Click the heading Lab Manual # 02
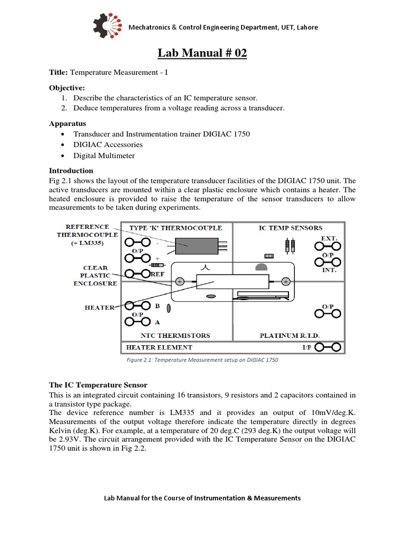point(202,53)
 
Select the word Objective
point(66,87)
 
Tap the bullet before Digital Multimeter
point(63,156)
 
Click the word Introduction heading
point(71,170)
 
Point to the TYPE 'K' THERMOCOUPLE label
point(177,228)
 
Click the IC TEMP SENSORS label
point(290,228)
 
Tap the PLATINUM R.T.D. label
point(290,335)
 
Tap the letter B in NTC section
point(156,305)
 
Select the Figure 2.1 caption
point(202,360)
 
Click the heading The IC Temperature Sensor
point(98,384)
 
